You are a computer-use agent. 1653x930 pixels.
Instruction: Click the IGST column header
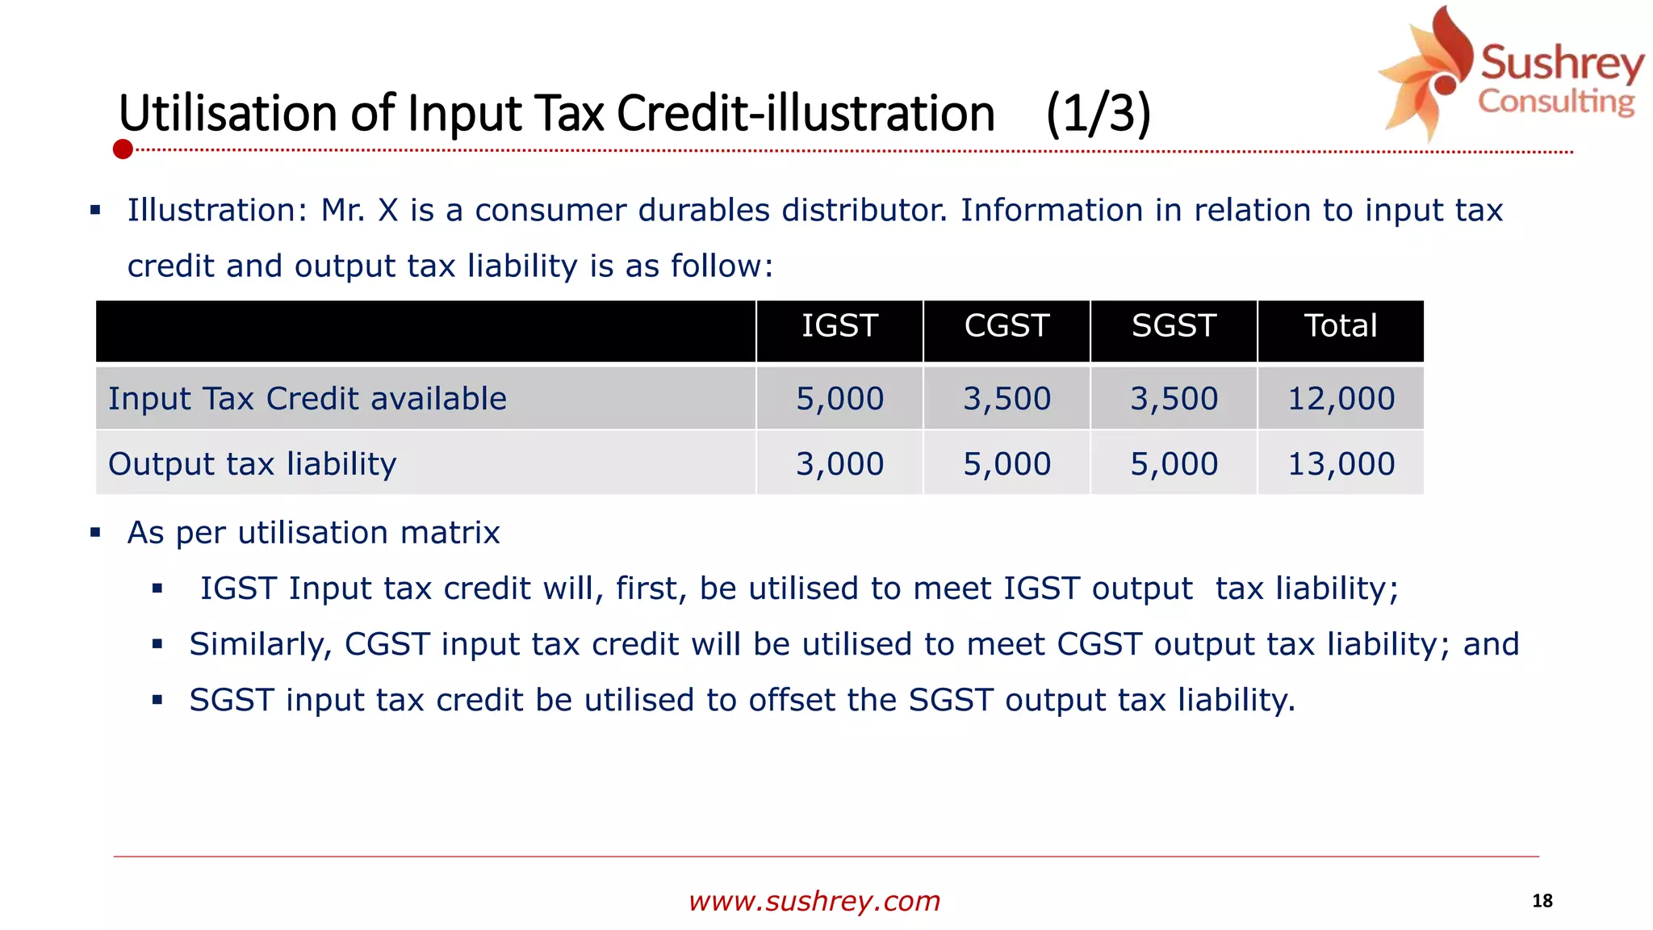pos(839,326)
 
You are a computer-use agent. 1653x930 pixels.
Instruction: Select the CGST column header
pos(1006,326)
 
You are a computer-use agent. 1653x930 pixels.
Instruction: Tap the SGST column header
pos(1174,326)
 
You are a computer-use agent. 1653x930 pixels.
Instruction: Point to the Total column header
pos(1341,326)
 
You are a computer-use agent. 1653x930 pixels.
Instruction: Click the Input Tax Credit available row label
pos(308,399)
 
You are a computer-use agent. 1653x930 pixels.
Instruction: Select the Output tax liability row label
pos(253,464)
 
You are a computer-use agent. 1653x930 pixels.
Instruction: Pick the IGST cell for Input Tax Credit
pos(839,399)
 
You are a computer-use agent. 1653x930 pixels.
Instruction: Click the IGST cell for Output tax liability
pos(839,464)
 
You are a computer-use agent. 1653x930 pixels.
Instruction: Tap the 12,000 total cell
pos(1341,399)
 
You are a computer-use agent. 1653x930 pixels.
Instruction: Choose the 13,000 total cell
pos(1341,464)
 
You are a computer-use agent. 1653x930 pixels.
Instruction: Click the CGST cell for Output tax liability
pos(1006,464)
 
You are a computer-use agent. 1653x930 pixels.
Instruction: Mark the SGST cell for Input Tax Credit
pos(1174,399)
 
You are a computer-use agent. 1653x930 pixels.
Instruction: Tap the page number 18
pos(1542,901)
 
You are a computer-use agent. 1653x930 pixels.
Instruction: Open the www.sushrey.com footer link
pos(814,901)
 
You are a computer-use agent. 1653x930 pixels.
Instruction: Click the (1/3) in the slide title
pos(1098,113)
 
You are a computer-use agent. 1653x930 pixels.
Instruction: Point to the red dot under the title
pos(123,149)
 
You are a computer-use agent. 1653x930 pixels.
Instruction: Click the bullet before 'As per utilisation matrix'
pos(95,533)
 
